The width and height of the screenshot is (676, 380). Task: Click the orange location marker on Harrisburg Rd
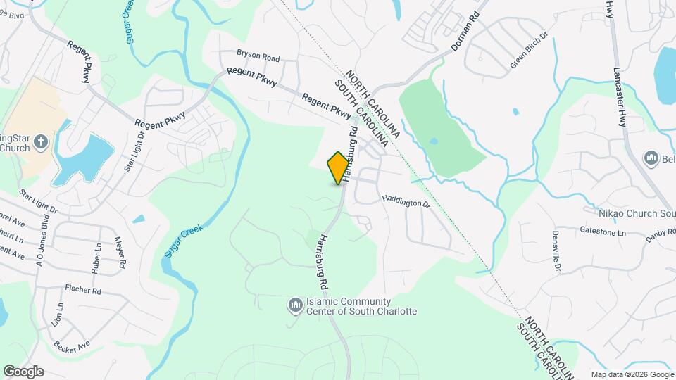[339, 167]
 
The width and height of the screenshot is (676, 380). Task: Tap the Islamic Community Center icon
[295, 305]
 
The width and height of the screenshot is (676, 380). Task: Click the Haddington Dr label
[406, 201]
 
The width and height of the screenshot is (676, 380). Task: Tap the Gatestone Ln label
[602, 230]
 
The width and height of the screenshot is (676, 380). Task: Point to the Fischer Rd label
[83, 289]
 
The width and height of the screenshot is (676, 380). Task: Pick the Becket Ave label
[73, 345]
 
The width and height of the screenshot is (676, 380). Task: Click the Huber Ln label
[96, 260]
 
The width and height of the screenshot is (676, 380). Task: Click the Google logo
[23, 371]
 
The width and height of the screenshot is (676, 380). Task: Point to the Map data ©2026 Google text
[631, 374]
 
